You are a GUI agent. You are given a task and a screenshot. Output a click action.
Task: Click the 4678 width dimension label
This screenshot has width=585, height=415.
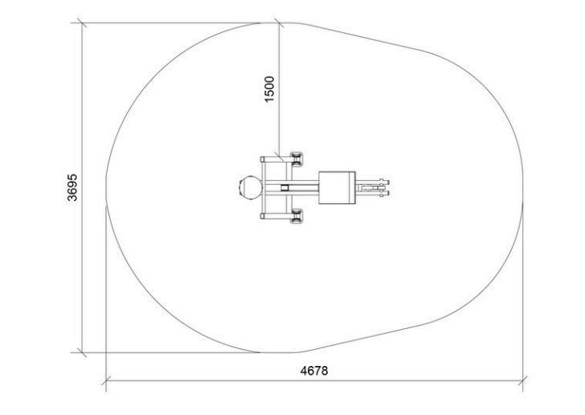coord(314,371)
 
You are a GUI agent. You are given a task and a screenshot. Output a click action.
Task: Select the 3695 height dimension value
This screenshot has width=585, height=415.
coord(72,187)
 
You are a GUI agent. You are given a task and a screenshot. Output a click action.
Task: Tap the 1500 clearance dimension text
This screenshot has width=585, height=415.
coord(269,89)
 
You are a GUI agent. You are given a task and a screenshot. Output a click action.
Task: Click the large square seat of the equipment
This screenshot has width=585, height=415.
coord(335,187)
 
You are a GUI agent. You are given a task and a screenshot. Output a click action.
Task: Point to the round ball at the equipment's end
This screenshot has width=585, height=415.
coord(251,187)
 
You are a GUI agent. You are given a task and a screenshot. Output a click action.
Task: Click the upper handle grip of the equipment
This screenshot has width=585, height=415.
coord(297,158)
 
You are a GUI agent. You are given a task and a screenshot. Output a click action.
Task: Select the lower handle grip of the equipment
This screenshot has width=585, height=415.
coord(297,216)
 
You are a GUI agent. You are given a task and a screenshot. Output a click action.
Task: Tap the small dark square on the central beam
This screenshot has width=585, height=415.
coord(284,187)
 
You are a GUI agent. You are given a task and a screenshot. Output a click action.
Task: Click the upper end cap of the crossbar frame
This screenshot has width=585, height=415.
coord(263,159)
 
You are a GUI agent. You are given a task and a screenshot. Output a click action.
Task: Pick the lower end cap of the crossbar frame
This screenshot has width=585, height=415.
coord(263,216)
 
